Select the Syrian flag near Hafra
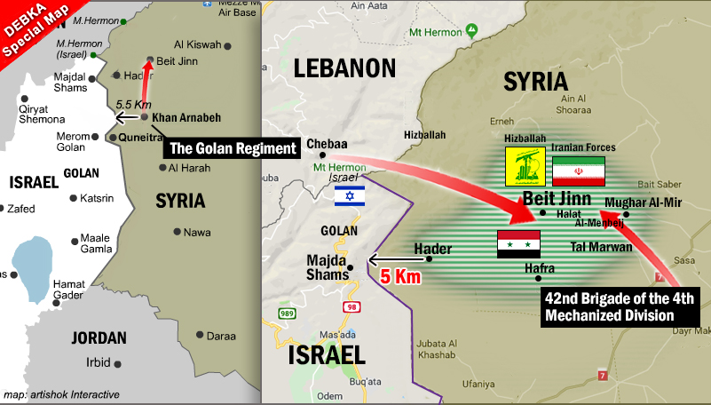click(x=519, y=243)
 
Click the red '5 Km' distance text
click(x=399, y=276)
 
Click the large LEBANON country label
click(x=344, y=68)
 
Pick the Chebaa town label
click(x=326, y=144)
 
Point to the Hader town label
click(x=432, y=250)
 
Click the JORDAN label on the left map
click(x=99, y=337)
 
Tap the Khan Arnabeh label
click(x=186, y=117)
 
